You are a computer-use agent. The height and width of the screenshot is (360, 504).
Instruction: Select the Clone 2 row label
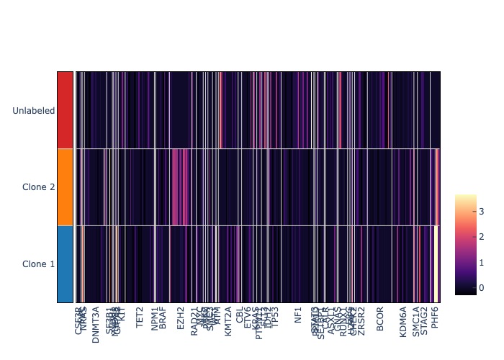point(38,187)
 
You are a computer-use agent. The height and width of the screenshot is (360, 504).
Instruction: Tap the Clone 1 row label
point(38,264)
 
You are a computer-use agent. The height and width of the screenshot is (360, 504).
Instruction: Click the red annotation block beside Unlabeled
point(65,110)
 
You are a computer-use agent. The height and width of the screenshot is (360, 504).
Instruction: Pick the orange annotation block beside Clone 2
point(65,187)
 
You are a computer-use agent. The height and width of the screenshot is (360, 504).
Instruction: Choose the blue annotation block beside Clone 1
point(65,264)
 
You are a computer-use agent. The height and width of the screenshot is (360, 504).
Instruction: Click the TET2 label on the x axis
point(139,317)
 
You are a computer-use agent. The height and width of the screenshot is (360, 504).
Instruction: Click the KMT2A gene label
point(228,322)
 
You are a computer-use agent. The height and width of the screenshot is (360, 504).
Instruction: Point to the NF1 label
point(298,315)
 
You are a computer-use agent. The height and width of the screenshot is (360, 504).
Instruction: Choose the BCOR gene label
point(380,318)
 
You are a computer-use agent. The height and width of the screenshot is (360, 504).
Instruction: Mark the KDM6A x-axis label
point(403,322)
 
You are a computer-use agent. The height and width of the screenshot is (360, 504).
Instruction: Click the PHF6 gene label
point(435,318)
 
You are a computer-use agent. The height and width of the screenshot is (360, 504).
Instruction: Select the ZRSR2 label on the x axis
point(361,320)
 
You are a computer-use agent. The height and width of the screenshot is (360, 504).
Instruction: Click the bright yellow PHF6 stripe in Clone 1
point(435,264)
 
